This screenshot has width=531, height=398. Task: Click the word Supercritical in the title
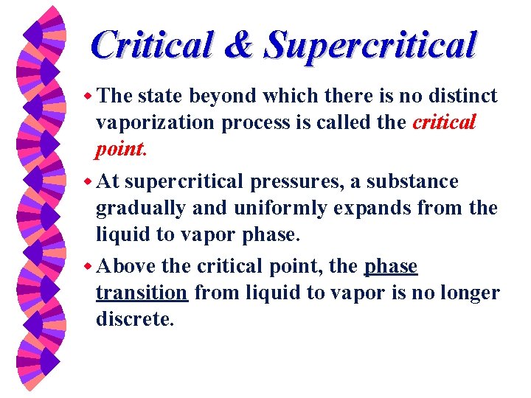371,46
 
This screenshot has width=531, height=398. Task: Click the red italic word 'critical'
444,122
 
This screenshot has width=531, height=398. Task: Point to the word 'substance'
417,181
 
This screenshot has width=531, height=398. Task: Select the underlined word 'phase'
391,266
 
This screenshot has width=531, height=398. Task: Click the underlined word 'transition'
142,293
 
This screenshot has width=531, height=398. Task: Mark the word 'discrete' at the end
133,320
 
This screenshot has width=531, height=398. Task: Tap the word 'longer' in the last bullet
471,293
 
